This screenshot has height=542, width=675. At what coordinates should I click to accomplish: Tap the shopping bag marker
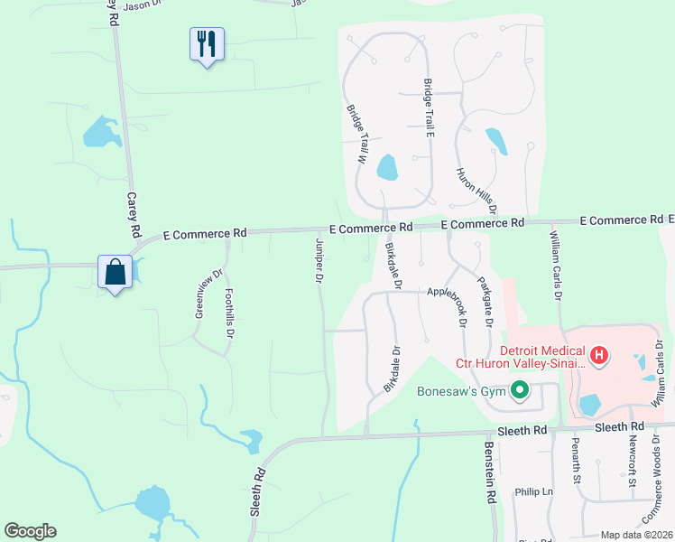(116, 272)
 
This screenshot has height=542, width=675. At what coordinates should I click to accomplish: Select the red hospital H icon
(599, 357)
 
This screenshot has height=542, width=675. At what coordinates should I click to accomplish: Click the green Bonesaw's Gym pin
(519, 391)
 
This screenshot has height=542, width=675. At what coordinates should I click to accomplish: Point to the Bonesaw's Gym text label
(459, 392)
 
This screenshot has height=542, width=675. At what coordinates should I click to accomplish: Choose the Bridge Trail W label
(355, 132)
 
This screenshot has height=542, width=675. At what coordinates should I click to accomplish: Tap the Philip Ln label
(532, 492)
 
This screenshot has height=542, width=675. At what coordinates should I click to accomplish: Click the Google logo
(30, 531)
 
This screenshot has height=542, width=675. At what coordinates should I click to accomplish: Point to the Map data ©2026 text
(636, 535)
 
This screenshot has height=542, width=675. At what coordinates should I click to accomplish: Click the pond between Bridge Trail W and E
(387, 167)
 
